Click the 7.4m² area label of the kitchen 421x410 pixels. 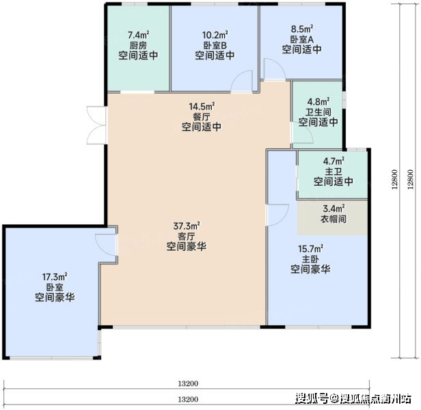coord(139,35)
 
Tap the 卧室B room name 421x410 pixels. coord(215,45)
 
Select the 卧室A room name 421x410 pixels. coord(302,39)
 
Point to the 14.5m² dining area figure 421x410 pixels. coord(202,107)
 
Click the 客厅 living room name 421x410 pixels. coord(187,236)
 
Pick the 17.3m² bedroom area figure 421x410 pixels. coord(55,277)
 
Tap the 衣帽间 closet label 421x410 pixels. coord(334,219)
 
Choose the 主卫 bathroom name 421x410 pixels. coord(334,172)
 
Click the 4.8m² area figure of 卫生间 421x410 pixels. coord(318,102)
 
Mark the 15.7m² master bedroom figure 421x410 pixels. coord(311,249)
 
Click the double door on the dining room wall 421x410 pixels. coord(96,125)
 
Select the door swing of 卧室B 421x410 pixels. coord(242,81)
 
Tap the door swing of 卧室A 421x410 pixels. coord(275,69)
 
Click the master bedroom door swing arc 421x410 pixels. coord(277,215)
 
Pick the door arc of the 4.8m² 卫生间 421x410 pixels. coord(303,133)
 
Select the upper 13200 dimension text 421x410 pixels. coord(188,383)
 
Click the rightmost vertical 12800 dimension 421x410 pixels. coord(410,179)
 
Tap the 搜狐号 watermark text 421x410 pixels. coord(312,398)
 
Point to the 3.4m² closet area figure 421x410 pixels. coord(334,208)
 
